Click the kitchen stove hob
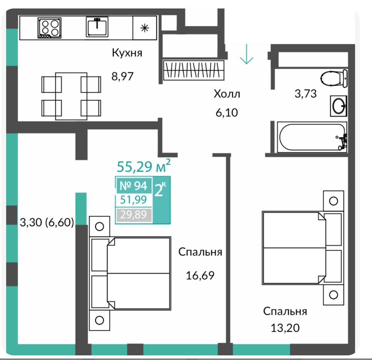49,28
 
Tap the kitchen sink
97,27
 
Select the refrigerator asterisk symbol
144,28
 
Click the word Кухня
127,53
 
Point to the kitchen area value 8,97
122,76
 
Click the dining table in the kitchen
71,96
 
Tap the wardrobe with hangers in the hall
194,70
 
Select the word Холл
227,94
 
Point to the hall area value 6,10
226,113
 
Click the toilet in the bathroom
334,78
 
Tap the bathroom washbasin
338,106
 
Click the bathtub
312,137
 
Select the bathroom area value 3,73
306,94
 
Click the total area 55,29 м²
144,166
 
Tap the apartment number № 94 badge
134,186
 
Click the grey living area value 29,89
134,215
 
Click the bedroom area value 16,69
200,276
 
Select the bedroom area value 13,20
285,328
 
